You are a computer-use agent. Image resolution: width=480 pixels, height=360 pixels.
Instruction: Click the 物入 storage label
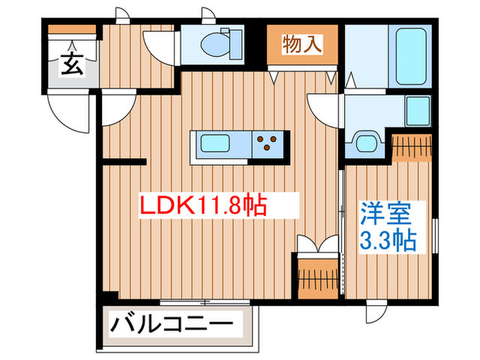[302, 45]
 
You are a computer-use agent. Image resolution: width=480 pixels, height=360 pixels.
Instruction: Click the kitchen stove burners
[269, 145]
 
